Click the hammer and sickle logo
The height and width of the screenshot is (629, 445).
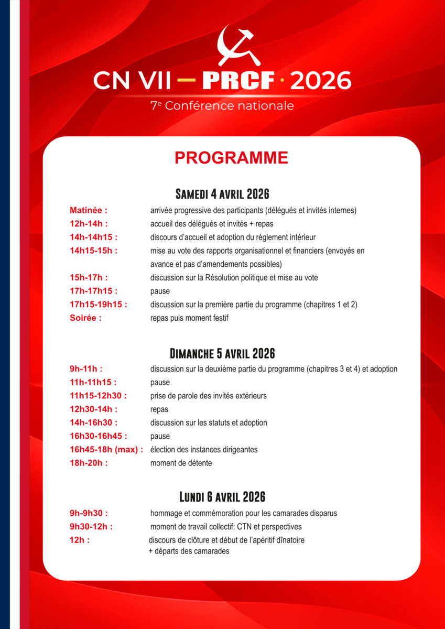[x=236, y=44]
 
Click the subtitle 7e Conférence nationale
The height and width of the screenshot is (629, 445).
[x=222, y=106]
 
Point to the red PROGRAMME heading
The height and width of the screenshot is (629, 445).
[x=231, y=158]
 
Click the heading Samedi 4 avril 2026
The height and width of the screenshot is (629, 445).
[x=222, y=194]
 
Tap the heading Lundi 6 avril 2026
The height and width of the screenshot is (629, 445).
[x=222, y=496]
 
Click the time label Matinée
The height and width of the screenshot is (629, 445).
[x=88, y=211]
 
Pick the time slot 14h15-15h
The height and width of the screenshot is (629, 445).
[x=93, y=251]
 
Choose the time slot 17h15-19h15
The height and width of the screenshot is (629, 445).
[x=99, y=305]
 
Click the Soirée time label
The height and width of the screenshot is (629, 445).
[x=85, y=318]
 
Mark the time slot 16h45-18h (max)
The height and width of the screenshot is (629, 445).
[x=106, y=450]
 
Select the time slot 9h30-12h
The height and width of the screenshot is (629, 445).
[x=91, y=527]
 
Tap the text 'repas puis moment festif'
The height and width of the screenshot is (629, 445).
[x=189, y=318]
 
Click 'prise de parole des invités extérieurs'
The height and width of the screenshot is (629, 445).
[x=208, y=396]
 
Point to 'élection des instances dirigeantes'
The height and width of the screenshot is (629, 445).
[x=204, y=450]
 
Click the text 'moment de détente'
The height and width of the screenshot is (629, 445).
[x=181, y=463]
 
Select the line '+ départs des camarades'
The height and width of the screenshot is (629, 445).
[x=189, y=551]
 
